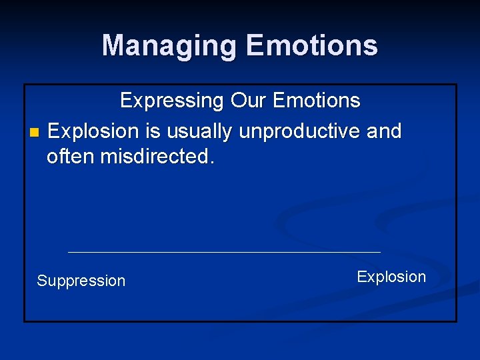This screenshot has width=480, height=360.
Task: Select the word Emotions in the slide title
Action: (x=311, y=46)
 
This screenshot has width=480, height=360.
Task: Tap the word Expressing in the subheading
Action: (x=171, y=101)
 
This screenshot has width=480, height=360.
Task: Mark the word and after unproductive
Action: (x=384, y=131)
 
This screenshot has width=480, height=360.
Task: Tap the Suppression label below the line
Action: (x=81, y=281)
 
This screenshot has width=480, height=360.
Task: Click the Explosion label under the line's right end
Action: (x=391, y=277)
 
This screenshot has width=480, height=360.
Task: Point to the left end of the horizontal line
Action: (x=69, y=252)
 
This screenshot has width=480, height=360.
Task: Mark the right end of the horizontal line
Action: (x=379, y=252)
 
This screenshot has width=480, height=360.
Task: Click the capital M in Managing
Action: (x=114, y=46)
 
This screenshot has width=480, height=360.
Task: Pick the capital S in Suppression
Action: (x=41, y=281)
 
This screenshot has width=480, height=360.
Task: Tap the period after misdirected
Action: (x=213, y=162)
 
